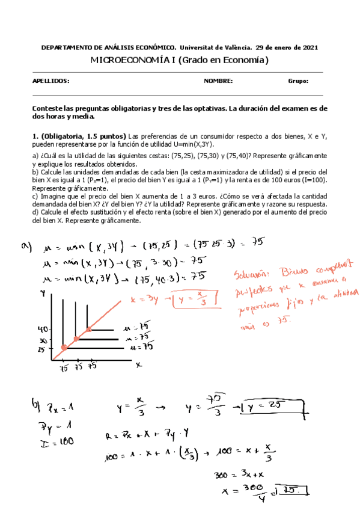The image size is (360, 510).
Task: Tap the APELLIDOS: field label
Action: (x=51, y=81)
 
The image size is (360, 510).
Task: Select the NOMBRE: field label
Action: (x=218, y=81)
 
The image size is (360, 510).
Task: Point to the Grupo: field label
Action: (x=298, y=81)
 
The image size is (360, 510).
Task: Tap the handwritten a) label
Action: (x=43, y=245)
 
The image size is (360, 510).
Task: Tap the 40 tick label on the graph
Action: (x=42, y=330)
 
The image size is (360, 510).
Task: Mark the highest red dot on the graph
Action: (x=88, y=330)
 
